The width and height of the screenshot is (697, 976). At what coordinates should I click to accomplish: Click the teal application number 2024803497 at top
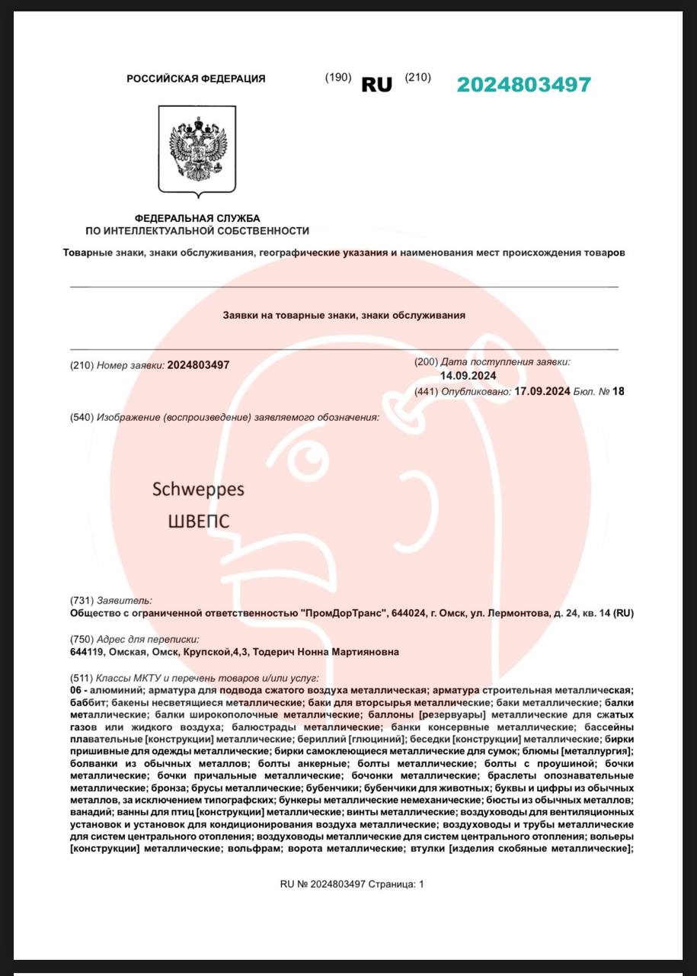[x=523, y=85]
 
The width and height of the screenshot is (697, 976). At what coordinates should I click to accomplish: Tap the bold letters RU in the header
[x=376, y=85]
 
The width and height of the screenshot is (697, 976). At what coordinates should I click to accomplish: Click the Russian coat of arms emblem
[x=197, y=149]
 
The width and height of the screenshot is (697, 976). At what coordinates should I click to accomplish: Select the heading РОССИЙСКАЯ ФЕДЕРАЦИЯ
[x=196, y=79]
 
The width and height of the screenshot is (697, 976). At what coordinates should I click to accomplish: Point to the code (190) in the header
[x=337, y=77]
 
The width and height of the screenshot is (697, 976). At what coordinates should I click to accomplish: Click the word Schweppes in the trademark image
[x=198, y=489]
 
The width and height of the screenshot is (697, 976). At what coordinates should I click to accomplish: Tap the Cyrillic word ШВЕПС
[x=198, y=522]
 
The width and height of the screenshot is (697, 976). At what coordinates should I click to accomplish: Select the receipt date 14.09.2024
[x=468, y=376]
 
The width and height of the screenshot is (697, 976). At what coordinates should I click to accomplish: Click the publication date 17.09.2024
[x=542, y=391]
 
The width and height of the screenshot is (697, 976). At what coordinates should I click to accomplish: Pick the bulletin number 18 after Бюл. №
[x=618, y=391]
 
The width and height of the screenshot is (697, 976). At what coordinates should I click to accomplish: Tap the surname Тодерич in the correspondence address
[x=275, y=652]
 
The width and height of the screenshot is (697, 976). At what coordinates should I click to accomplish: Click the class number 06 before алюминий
[x=76, y=689]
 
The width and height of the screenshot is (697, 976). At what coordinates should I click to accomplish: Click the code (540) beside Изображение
[x=82, y=417]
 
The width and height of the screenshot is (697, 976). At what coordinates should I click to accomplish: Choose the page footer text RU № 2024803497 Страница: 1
[x=351, y=884]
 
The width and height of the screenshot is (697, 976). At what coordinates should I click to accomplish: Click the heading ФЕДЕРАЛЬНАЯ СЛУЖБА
[x=197, y=219]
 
